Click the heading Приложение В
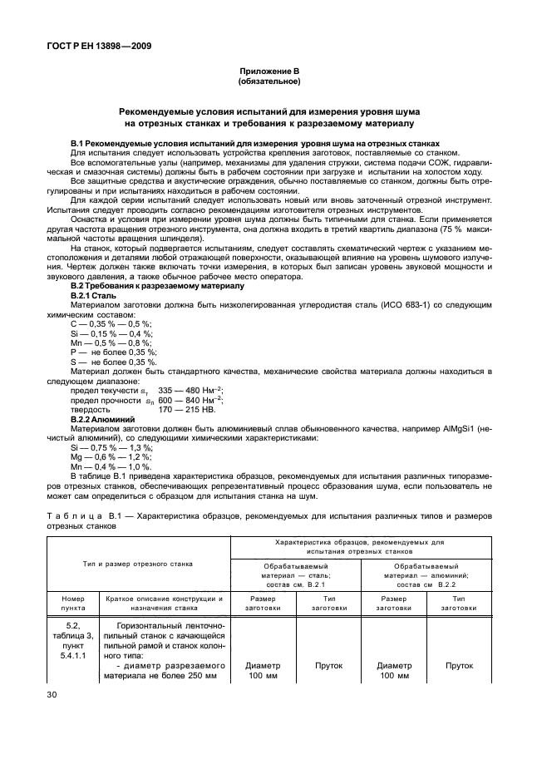click(x=268, y=72)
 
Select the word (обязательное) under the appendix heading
click(x=268, y=82)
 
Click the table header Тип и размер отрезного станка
click(x=138, y=564)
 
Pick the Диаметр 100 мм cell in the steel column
click(x=263, y=670)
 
